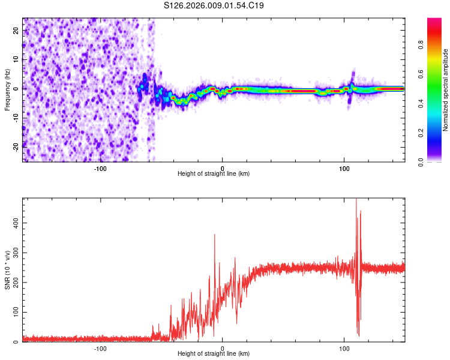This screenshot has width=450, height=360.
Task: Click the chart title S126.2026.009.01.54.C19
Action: pyautogui.click(x=214, y=5)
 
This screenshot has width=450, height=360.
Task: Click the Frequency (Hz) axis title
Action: pyautogui.click(x=8, y=89)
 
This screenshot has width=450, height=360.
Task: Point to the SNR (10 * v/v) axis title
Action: pyautogui.click(x=8, y=270)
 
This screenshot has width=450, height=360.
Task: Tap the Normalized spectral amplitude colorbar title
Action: pyautogui.click(x=445, y=89)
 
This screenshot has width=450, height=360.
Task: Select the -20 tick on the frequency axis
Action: pyautogui.click(x=15, y=146)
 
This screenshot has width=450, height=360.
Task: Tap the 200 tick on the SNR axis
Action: pyautogui.click(x=14, y=283)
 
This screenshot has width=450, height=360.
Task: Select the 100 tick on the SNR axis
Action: pyautogui.click(x=14, y=313)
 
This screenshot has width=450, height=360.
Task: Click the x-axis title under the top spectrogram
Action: pyautogui.click(x=214, y=173)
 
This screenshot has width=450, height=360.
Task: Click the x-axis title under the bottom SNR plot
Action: pyautogui.click(x=214, y=354)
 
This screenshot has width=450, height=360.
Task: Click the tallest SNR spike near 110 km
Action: pyautogui.click(x=356, y=200)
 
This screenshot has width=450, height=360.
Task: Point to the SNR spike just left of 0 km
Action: pyautogui.click(x=215, y=235)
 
